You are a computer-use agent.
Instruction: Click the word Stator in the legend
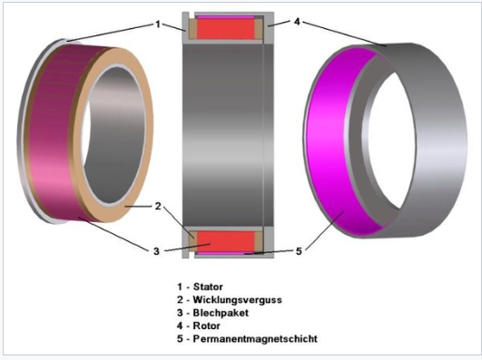pos(208,287)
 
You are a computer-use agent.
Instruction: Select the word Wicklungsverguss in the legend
pos(237,300)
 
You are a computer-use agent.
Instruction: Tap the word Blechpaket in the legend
pos(221,313)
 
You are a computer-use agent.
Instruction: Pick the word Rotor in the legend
pos(206,326)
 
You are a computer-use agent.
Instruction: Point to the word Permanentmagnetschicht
pos(255,339)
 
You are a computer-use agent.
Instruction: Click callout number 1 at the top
pos(158,24)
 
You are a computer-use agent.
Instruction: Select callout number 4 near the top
pos(297,22)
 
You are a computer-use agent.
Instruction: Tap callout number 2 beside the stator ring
pos(158,206)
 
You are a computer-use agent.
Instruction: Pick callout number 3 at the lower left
pos(156,251)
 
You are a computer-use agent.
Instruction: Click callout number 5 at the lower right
pos(299,251)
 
